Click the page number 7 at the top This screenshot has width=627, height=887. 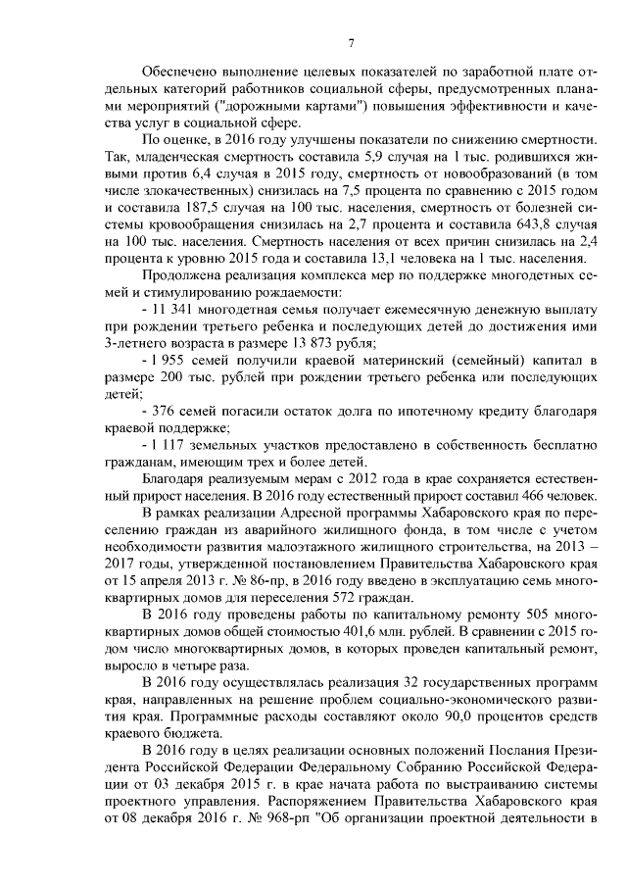tap(350, 41)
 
